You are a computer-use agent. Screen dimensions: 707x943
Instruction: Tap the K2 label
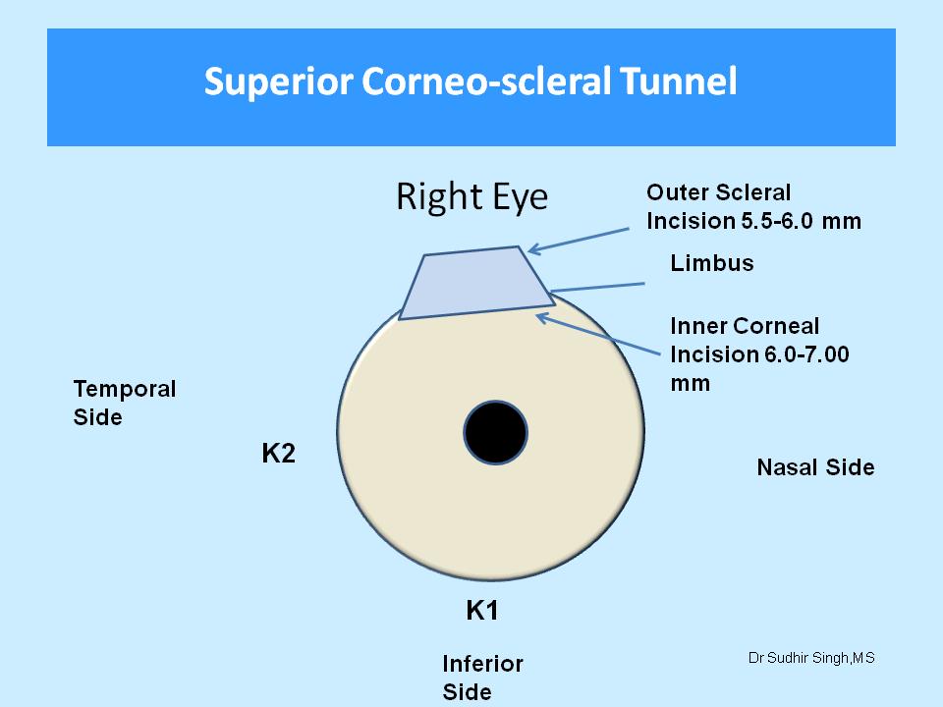(279, 455)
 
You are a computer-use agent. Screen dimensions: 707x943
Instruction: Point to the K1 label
(482, 611)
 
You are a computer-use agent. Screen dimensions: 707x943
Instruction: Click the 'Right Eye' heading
(471, 197)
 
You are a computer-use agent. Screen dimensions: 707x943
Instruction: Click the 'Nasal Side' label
(815, 467)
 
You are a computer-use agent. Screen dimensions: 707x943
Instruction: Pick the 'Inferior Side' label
(482, 678)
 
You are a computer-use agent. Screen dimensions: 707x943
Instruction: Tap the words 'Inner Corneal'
(744, 326)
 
